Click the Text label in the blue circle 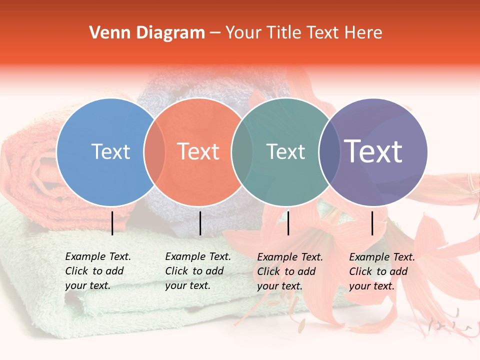coord(110,151)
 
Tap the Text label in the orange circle coord(198,151)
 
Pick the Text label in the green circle coord(285,151)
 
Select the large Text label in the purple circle coord(373,151)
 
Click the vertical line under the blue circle coord(112,223)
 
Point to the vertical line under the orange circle coord(200,223)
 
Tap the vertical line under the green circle coord(288,223)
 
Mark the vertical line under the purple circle coord(372,223)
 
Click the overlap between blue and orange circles coord(154,152)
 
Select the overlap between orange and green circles coord(242,152)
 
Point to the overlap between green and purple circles coord(329,152)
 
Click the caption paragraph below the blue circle coord(98,271)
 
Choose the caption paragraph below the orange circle coord(198,271)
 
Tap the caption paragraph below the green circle coord(290,271)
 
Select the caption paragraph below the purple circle coord(382,271)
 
